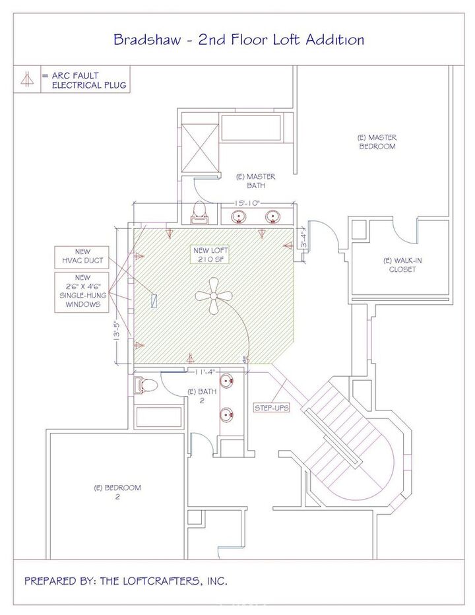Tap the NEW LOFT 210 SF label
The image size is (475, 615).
pyautogui.click(x=210, y=255)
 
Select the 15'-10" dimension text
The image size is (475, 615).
pyautogui.click(x=247, y=203)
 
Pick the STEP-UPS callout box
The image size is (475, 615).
pyautogui.click(x=272, y=408)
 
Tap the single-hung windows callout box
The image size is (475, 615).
pyautogui.click(x=82, y=292)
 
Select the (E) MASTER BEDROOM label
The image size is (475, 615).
pyautogui.click(x=377, y=142)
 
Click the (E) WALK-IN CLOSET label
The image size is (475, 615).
pyautogui.click(x=402, y=265)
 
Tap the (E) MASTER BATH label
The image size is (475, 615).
pyautogui.click(x=255, y=181)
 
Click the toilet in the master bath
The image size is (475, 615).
pyautogui.click(x=200, y=213)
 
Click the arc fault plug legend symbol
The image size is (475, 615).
pyautogui.click(x=26, y=79)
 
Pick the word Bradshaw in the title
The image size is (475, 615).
pyautogui.click(x=148, y=40)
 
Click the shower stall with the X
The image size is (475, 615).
pyautogui.click(x=200, y=147)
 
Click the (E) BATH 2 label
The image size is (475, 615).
pyautogui.click(x=202, y=396)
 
